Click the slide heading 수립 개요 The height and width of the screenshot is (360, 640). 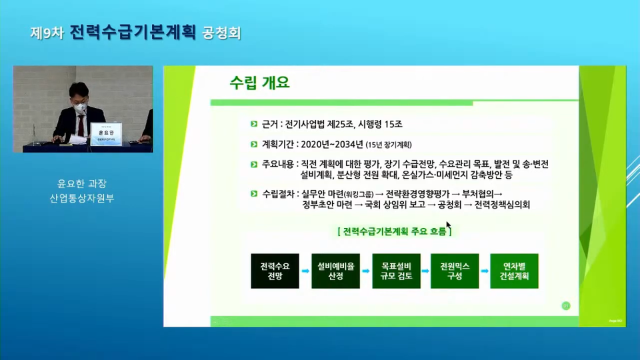click(x=259, y=83)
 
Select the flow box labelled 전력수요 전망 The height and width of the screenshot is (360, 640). click(x=275, y=271)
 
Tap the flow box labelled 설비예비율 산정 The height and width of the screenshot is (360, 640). click(x=335, y=271)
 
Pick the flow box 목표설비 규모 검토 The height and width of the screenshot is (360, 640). click(x=396, y=271)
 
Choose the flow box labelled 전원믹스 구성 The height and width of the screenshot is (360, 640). click(x=455, y=271)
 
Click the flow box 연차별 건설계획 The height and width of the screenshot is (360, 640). click(x=513, y=271)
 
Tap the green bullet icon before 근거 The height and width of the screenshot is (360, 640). click(x=253, y=125)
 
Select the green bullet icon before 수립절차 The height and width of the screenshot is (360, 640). click(x=253, y=194)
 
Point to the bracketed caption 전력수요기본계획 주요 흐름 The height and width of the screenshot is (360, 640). click(x=395, y=231)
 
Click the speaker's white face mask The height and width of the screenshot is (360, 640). click(x=79, y=106)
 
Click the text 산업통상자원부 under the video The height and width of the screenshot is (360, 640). click(x=83, y=198)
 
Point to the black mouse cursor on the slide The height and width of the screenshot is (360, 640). click(x=449, y=225)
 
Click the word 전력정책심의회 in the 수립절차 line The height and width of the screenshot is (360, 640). click(x=502, y=205)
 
